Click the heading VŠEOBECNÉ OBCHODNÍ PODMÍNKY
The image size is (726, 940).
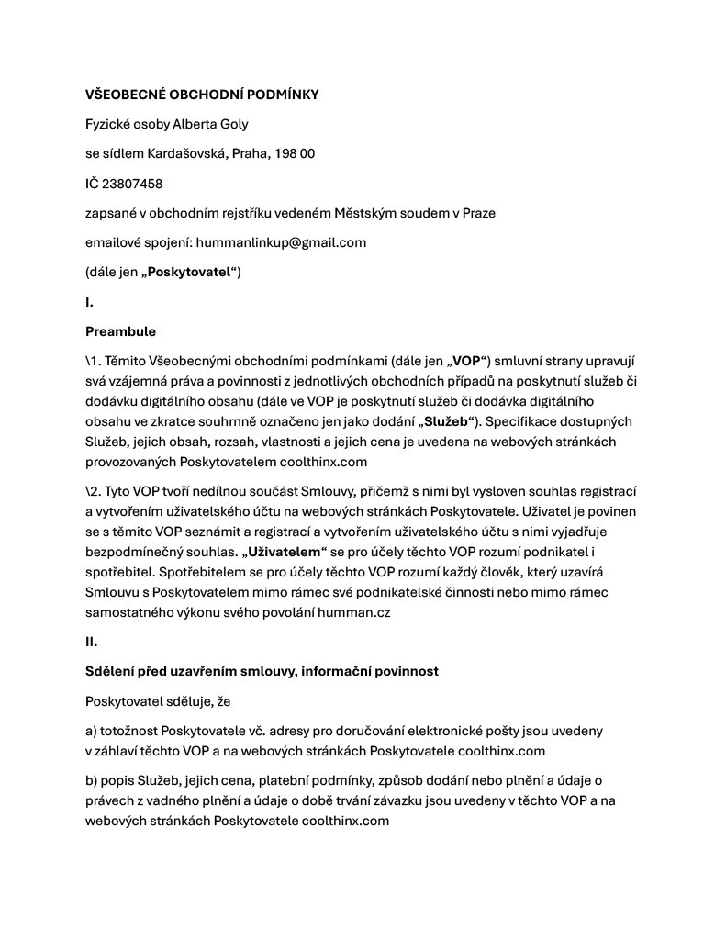tap(202, 95)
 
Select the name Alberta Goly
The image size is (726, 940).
tap(210, 124)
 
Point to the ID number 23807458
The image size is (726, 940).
tap(133, 184)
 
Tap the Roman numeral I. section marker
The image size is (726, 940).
tap(90, 301)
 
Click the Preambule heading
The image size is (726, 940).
tap(120, 330)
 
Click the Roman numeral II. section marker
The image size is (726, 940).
tap(92, 642)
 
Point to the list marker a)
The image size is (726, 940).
tap(92, 732)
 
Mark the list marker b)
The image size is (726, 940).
tap(92, 781)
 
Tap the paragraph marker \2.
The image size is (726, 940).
tap(93, 492)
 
